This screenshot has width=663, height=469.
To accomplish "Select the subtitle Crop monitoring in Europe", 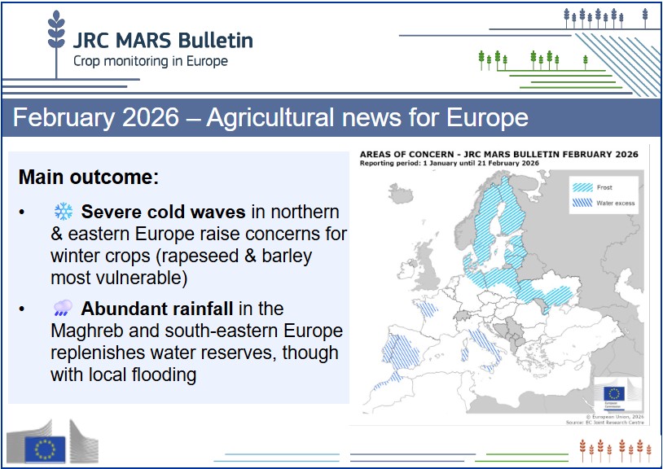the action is pyautogui.click(x=151, y=61).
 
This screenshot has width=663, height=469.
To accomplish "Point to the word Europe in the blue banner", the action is pyautogui.click(x=487, y=117).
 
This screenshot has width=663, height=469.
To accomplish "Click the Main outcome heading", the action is pyautogui.click(x=88, y=177).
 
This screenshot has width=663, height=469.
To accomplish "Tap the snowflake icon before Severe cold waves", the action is pyautogui.click(x=63, y=213).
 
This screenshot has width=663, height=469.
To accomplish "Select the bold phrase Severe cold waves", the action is pyautogui.click(x=163, y=213).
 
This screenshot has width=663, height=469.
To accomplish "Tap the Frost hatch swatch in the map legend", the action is pyautogui.click(x=582, y=186).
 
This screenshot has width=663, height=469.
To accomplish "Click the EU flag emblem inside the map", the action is pyautogui.click(x=612, y=392).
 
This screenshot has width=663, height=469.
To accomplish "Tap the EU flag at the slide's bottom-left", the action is pyautogui.click(x=46, y=448).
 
